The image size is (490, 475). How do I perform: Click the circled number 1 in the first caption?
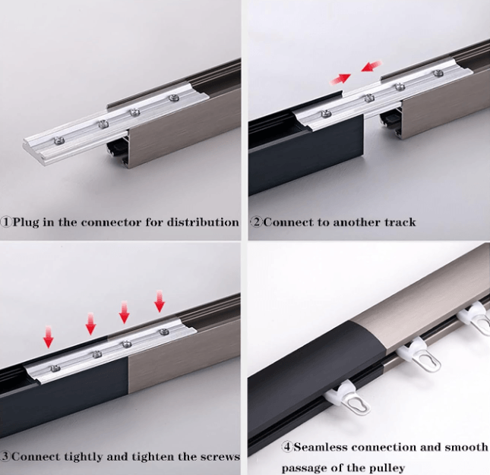(x=6, y=222)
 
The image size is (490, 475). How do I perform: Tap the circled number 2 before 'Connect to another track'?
(x=257, y=222)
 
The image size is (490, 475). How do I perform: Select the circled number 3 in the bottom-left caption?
(x=5, y=456)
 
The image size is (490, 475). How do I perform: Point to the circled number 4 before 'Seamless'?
(x=286, y=447)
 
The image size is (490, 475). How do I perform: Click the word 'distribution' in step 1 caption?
(x=203, y=222)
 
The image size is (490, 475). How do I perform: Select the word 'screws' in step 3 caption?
(x=220, y=457)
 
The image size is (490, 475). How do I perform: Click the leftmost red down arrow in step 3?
(x=48, y=336)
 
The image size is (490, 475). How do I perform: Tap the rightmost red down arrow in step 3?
(x=160, y=300)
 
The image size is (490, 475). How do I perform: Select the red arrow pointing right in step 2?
(x=340, y=79)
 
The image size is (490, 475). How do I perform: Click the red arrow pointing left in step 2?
(x=371, y=66)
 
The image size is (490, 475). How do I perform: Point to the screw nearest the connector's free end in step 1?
(x=59, y=141)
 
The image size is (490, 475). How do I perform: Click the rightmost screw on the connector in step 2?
(x=439, y=74)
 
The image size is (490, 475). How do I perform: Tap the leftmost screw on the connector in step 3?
(x=55, y=369)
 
